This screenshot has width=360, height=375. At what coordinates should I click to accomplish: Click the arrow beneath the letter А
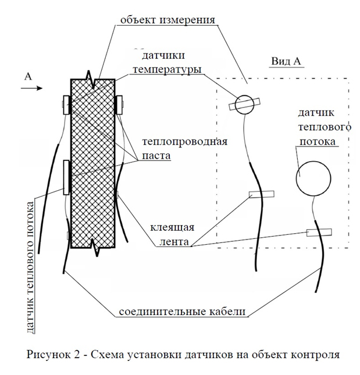[x=32, y=88]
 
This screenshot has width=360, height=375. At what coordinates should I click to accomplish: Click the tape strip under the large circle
[x=319, y=233]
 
